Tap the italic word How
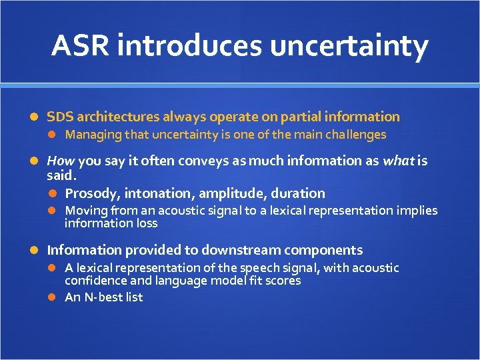tap(61, 161)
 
